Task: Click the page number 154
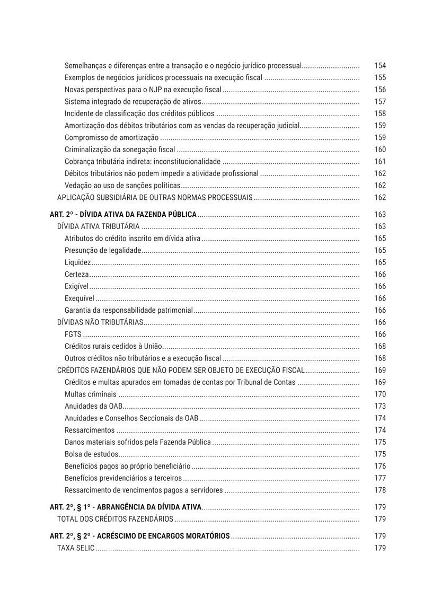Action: click(x=379, y=66)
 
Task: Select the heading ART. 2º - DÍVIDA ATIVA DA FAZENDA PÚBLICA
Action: click(x=123, y=215)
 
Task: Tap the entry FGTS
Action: click(x=73, y=335)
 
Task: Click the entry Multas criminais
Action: click(x=90, y=394)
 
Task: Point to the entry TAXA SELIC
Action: click(x=76, y=548)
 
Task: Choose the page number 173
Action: click(x=379, y=406)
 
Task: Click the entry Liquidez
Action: click(x=78, y=262)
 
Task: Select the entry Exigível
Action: click(x=76, y=286)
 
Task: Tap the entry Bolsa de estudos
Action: click(x=91, y=454)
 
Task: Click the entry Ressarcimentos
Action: click(x=89, y=430)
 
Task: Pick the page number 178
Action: click(x=379, y=490)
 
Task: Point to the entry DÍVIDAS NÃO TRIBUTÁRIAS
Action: click(x=100, y=322)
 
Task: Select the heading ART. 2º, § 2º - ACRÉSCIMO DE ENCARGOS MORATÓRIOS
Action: click(x=139, y=536)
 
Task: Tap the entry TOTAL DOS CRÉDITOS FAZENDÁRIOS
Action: click(x=115, y=519)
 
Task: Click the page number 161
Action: click(x=379, y=162)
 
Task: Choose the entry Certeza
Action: click(x=76, y=275)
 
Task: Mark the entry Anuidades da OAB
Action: click(x=93, y=406)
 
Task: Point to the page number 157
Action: click(x=379, y=102)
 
